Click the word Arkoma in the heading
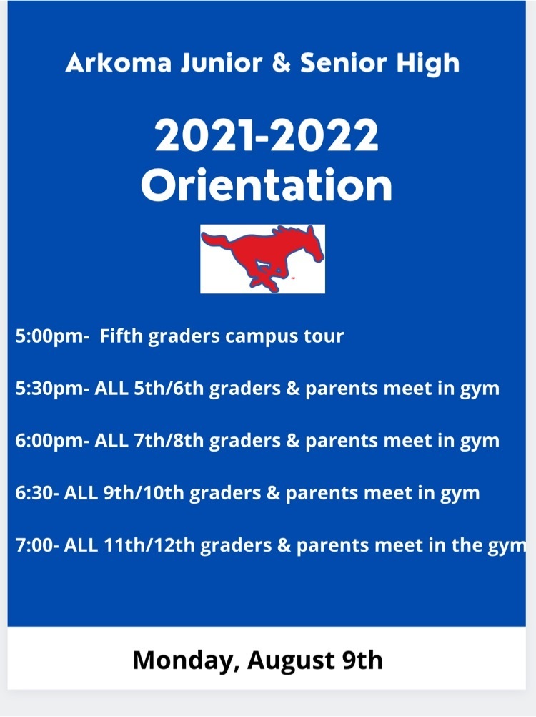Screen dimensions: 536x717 point(119,63)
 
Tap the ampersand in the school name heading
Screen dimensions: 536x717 point(282,63)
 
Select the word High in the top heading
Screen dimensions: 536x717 point(427,64)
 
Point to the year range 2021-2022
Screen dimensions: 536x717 point(267,135)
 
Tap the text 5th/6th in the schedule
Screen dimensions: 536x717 point(169,389)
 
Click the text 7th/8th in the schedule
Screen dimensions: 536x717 point(169,441)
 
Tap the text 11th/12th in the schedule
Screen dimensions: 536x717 point(149,545)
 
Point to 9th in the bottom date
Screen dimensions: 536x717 point(362,660)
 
